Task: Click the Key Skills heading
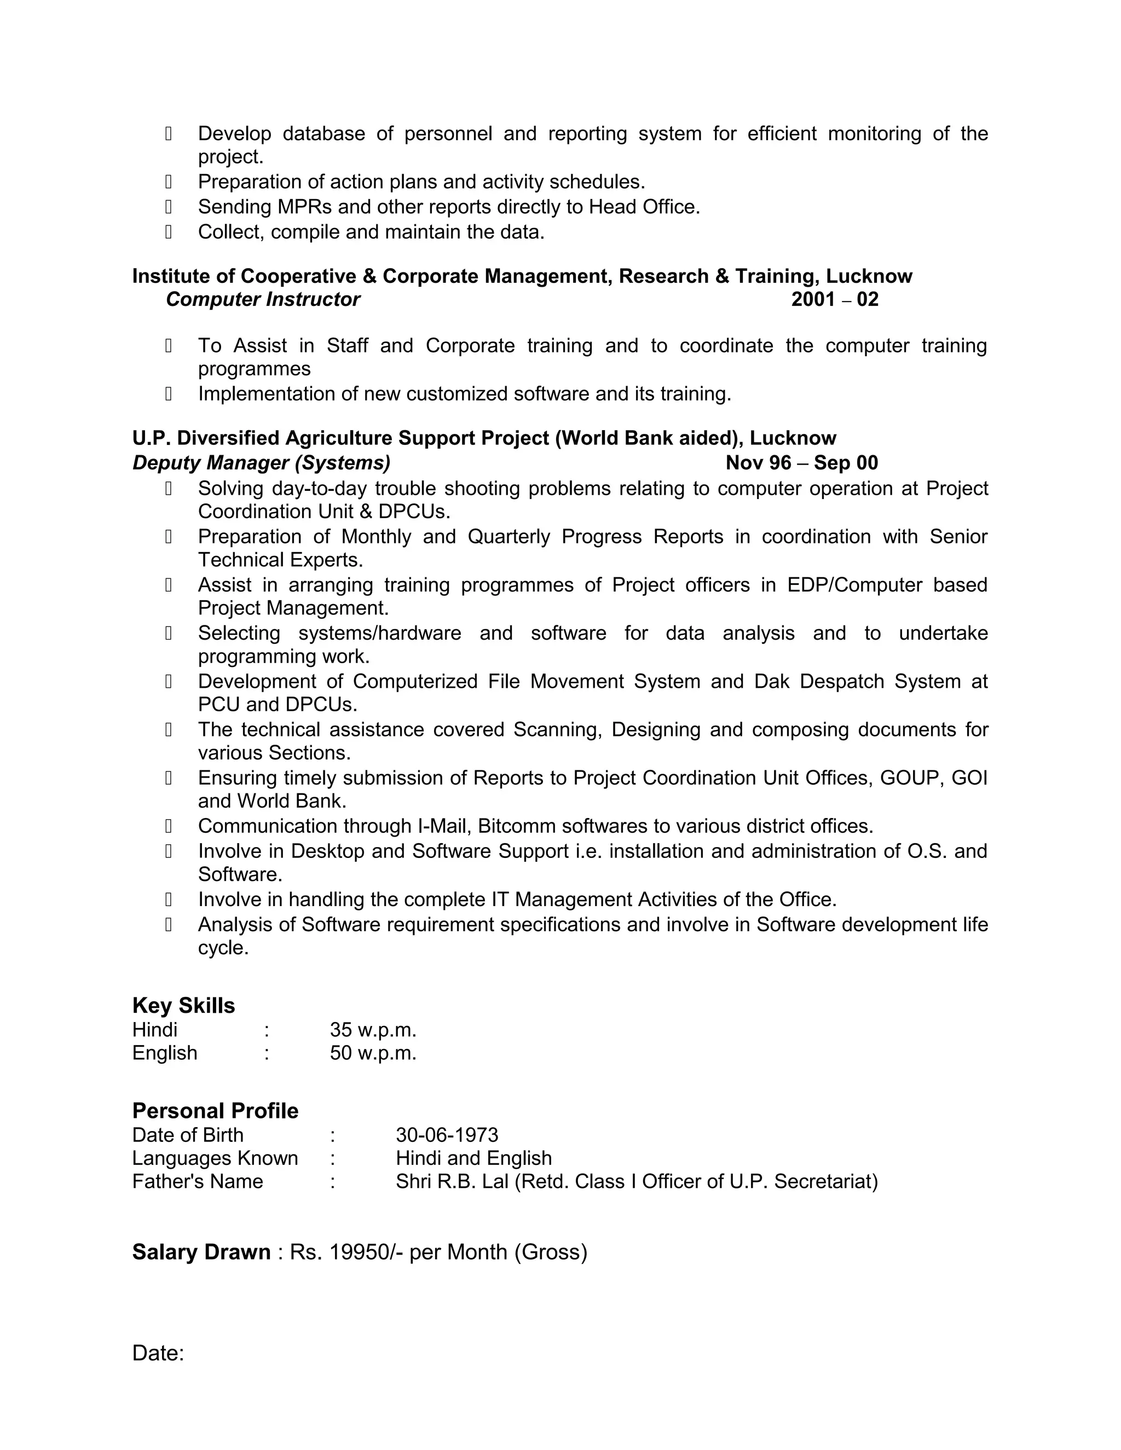[x=183, y=1006]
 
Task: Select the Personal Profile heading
[x=215, y=1111]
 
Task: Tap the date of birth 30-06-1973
[x=447, y=1135]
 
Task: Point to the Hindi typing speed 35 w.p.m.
[x=373, y=1030]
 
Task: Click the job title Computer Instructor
[x=263, y=299]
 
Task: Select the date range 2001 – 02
[x=835, y=299]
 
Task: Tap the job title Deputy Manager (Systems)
[x=262, y=463]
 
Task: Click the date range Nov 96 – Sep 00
[x=801, y=463]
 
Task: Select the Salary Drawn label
[x=201, y=1252]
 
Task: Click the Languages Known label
[x=215, y=1158]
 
